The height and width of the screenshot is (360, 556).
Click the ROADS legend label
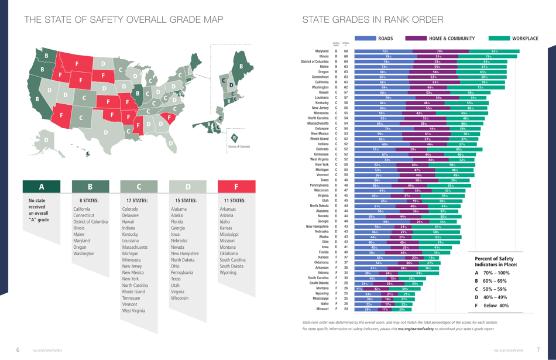click(385, 39)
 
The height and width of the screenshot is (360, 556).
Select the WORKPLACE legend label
click(524, 39)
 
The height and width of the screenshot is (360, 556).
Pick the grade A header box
click(42, 187)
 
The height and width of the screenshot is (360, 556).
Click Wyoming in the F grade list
click(228, 273)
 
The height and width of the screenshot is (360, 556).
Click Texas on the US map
click(107, 132)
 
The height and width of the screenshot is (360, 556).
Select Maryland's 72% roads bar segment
click(385, 52)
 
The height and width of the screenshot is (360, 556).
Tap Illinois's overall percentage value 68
click(346, 57)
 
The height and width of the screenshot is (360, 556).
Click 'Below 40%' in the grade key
click(495, 306)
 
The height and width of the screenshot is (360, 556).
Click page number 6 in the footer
click(18, 349)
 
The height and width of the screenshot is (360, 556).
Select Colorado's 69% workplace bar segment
click(458, 149)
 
